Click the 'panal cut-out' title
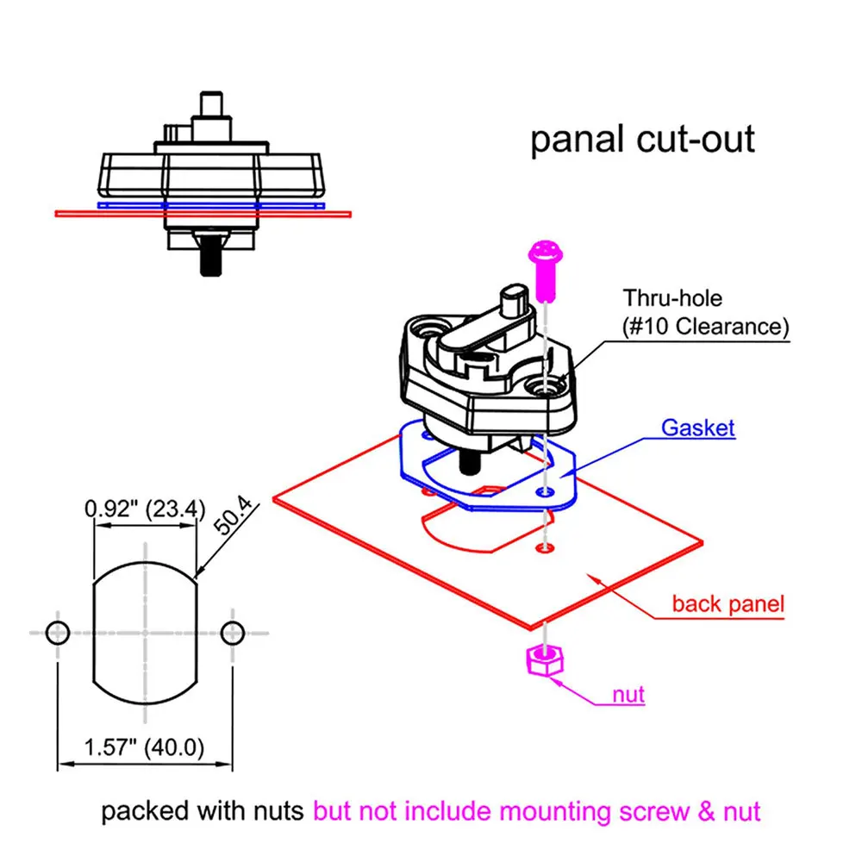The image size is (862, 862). click(642, 141)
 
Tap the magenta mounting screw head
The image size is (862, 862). click(546, 253)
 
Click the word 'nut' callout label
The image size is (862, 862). click(628, 695)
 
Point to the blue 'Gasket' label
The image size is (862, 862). click(697, 428)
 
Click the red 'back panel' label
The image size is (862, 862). click(728, 603)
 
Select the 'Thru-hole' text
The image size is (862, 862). click(672, 298)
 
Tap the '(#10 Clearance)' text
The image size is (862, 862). click(705, 327)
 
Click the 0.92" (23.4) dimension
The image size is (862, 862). click(145, 509)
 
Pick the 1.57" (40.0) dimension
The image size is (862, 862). click(144, 747)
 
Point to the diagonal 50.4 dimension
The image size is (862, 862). click(233, 515)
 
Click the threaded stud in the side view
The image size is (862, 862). click(210, 256)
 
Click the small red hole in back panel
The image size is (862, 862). click(545, 547)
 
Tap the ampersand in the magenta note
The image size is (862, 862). click(707, 812)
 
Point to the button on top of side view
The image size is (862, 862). click(211, 104)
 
